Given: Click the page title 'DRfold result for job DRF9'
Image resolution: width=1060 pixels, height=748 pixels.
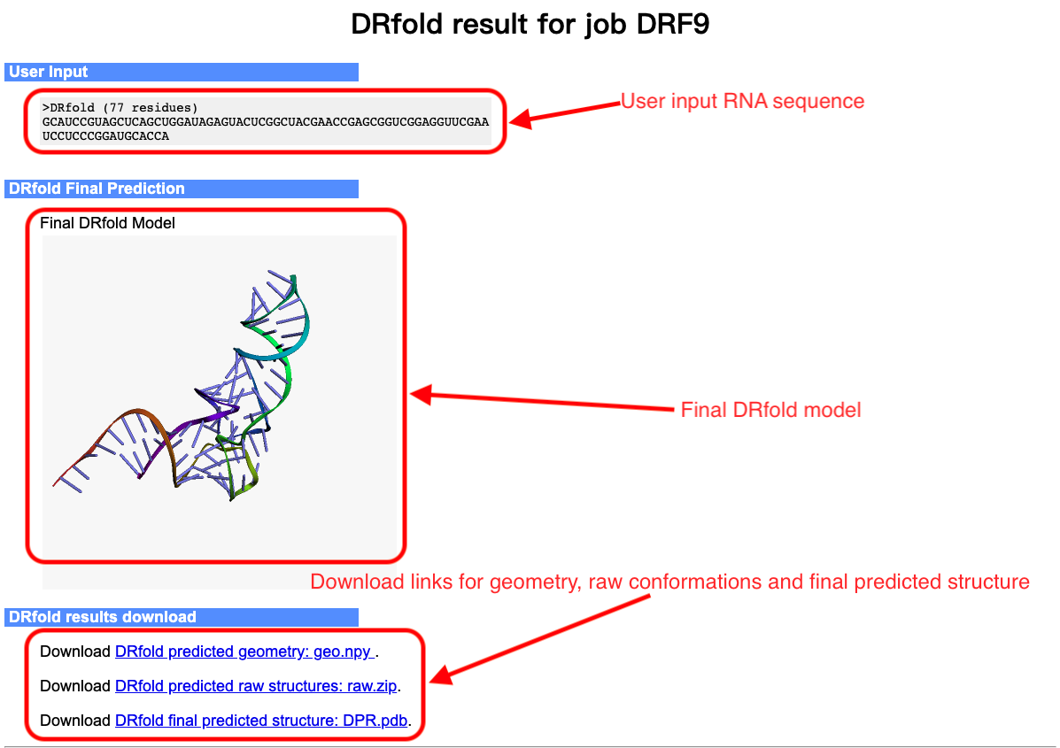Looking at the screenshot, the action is [530, 24].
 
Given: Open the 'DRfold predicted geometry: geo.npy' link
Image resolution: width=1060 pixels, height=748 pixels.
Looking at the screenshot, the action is [244, 652].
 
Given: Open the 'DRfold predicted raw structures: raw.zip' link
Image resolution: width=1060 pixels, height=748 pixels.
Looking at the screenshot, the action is [256, 686].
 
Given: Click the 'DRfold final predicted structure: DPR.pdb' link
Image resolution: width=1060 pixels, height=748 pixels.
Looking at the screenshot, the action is [261, 721].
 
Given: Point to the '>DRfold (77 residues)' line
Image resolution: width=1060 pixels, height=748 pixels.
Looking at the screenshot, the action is [120, 107].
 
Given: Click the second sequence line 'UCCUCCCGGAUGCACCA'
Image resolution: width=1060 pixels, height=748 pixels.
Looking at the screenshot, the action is [105, 135].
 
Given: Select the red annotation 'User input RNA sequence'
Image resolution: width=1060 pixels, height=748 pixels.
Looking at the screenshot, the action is [742, 101].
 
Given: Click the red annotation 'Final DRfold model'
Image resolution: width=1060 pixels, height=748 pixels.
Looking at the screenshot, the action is [770, 410].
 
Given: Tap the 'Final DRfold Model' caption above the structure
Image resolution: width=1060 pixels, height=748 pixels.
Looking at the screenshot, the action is [107, 223].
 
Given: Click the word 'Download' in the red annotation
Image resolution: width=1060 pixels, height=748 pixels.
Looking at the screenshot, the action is [357, 582].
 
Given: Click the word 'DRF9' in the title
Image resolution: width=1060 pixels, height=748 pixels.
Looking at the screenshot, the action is [673, 24].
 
